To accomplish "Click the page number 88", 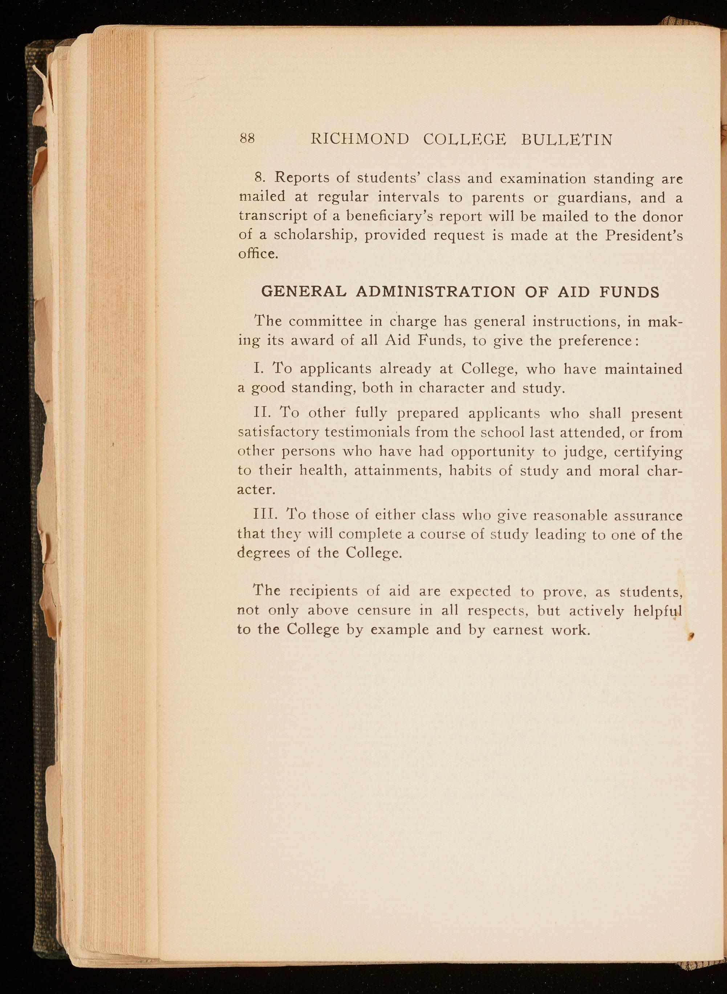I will coord(247,139).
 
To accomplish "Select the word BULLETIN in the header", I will coord(567,140).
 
